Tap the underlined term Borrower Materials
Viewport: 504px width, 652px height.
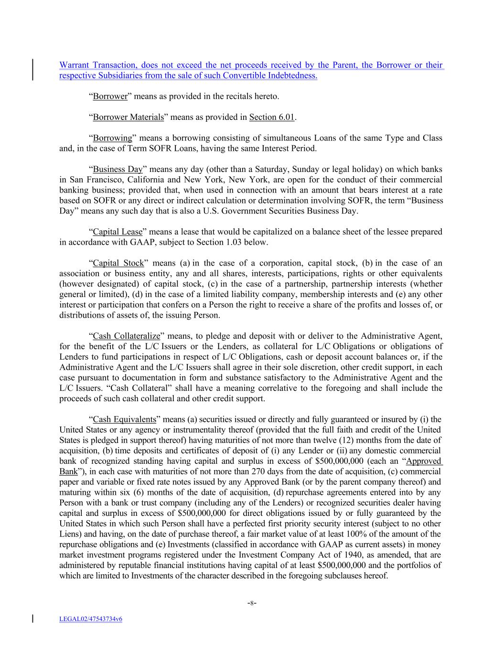point(128,117)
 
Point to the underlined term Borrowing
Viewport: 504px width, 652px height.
point(112,138)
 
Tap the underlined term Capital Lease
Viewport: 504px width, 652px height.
point(118,232)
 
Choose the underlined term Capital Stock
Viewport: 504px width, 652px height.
point(118,263)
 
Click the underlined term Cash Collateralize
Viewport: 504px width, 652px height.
point(126,336)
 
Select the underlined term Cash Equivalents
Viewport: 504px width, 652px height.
point(124,419)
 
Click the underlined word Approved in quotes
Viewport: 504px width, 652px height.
point(423,461)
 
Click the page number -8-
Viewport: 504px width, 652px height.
point(252,603)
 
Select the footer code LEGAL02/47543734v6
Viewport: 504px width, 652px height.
point(91,619)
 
